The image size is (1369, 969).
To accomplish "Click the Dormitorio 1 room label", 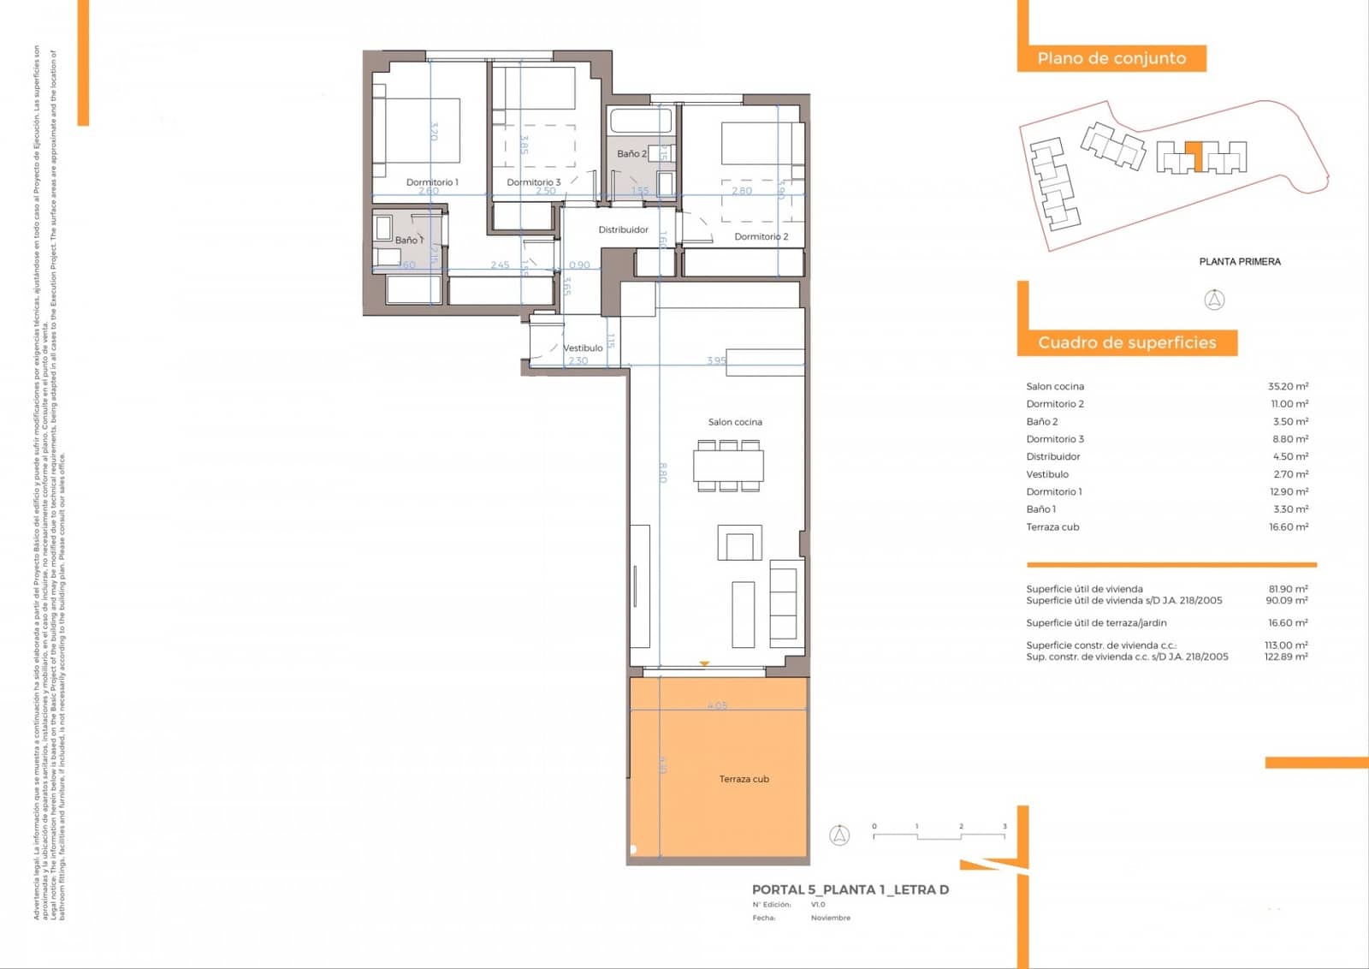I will [432, 182].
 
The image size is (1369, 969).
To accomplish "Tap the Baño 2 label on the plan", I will [631, 154].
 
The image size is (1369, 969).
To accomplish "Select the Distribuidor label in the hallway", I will [623, 229].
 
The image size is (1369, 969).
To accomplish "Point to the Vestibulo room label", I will [583, 348].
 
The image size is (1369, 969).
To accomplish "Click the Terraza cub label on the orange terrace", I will [744, 779].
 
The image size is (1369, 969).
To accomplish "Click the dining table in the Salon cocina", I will [728, 466].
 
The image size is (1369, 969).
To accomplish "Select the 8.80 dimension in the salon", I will [662, 473].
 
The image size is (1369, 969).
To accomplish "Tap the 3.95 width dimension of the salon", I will [716, 360].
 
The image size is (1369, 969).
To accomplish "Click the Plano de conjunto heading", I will [1111, 58].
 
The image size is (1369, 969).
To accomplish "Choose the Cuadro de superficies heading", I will [1127, 342].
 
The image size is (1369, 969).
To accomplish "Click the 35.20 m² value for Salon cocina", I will [1288, 386].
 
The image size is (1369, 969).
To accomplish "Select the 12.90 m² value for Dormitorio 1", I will [1288, 491].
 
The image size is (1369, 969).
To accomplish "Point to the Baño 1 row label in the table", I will [1040, 509].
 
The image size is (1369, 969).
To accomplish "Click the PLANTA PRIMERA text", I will [1239, 262].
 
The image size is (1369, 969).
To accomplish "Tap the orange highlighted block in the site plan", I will [1199, 156].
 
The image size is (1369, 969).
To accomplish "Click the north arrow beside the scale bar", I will [839, 835].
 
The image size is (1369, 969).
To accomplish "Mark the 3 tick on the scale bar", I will [1005, 827].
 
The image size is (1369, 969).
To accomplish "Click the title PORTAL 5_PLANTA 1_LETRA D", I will [850, 889].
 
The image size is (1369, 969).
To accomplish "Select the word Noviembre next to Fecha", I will [830, 918].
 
